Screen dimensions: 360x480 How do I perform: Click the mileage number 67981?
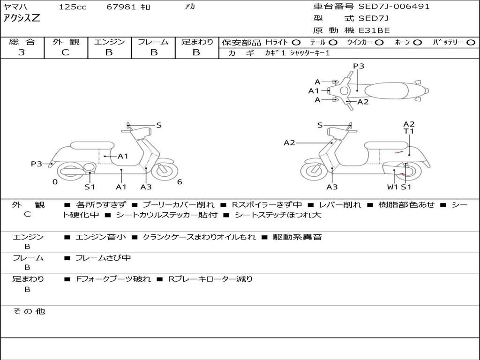pyautogui.click(x=121, y=7)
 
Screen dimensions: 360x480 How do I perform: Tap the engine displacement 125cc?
pyautogui.click(x=73, y=7)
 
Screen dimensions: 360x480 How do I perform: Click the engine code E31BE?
pyautogui.click(x=375, y=30)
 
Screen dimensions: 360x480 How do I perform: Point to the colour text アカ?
pyautogui.click(x=190, y=7)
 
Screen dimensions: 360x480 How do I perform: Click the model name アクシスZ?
pyautogui.click(x=22, y=19)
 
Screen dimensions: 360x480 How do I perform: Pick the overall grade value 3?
pyautogui.click(x=22, y=52)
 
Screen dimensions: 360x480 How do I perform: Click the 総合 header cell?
pyautogui.click(x=22, y=42)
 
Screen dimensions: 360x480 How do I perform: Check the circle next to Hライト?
pyautogui.click(x=296, y=43)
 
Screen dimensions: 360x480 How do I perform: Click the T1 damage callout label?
pyautogui.click(x=409, y=131)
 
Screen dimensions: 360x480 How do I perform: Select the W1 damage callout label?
pyautogui.click(x=392, y=187)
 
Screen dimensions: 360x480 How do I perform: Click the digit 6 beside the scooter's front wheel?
pyautogui.click(x=180, y=182)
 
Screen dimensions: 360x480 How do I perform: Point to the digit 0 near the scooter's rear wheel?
pyautogui.click(x=55, y=182)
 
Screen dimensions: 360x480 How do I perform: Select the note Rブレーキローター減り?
pyautogui.click(x=210, y=279)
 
